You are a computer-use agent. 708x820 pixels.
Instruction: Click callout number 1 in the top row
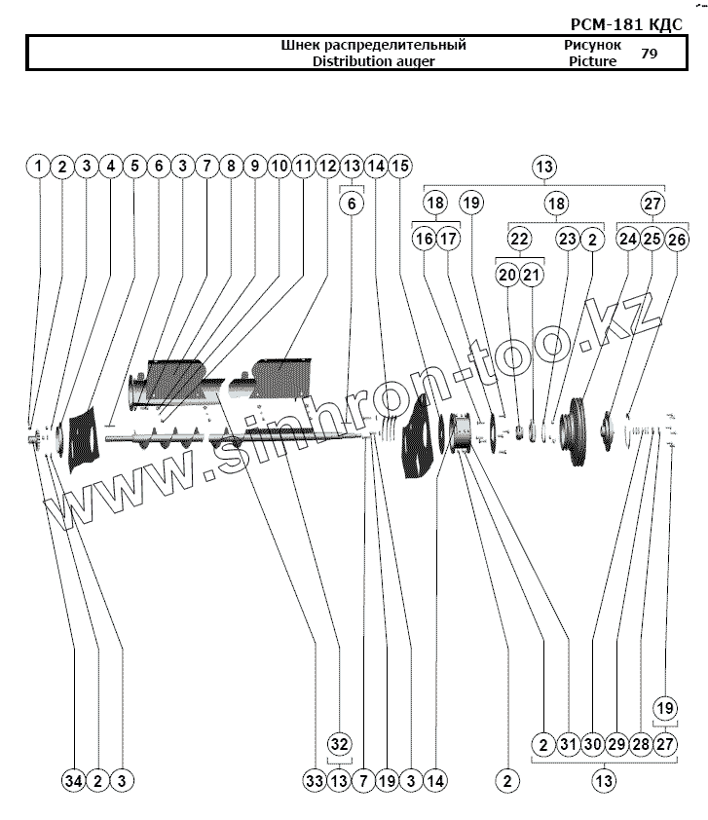pos(38,167)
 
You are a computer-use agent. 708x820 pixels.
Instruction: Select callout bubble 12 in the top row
pos(327,167)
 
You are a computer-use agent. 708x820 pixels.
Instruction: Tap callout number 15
pos(400,167)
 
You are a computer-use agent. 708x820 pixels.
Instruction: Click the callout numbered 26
pos(677,239)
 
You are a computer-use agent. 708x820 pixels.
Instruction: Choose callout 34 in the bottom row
pos(74,780)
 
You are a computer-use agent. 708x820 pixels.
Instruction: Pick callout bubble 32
pos(338,745)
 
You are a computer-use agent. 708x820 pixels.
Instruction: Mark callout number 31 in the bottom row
pos(569,745)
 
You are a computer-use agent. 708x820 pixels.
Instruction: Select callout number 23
pos(568,239)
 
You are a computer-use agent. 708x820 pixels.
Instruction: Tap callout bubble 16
pos(424,239)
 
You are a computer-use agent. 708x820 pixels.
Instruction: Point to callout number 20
pos(507,276)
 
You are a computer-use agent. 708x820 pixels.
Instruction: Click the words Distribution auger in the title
pos(373,60)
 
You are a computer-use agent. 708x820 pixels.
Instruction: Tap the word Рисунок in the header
pos(592,45)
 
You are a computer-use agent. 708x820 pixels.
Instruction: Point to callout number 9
pos(255,167)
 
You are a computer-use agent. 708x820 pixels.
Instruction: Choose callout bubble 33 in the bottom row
pos(314,780)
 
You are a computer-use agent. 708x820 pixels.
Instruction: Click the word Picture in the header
pos(592,60)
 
